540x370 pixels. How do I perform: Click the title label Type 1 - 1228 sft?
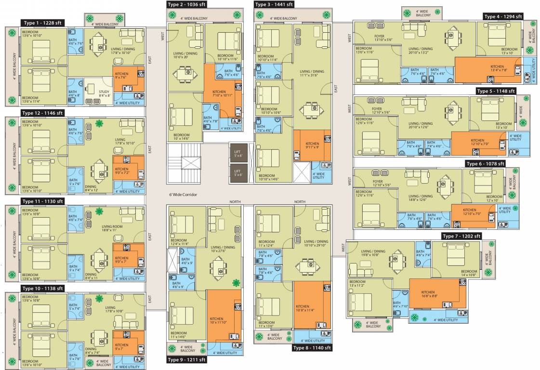[x=42, y=23]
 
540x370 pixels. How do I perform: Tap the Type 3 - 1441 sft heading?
[x=274, y=4]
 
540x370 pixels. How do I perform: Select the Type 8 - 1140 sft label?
[x=312, y=348]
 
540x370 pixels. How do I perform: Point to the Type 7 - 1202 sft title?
[x=461, y=236]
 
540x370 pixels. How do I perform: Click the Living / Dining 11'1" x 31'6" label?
[x=312, y=73]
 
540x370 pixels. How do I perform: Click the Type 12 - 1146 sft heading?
[x=42, y=113]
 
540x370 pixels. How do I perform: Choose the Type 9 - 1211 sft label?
[x=186, y=360]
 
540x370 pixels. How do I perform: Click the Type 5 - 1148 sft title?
[x=496, y=91]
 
